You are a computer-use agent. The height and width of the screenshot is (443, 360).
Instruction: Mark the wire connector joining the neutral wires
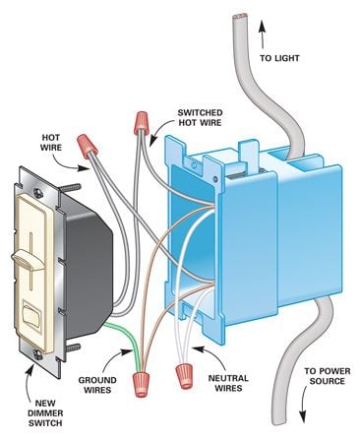[183, 374]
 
